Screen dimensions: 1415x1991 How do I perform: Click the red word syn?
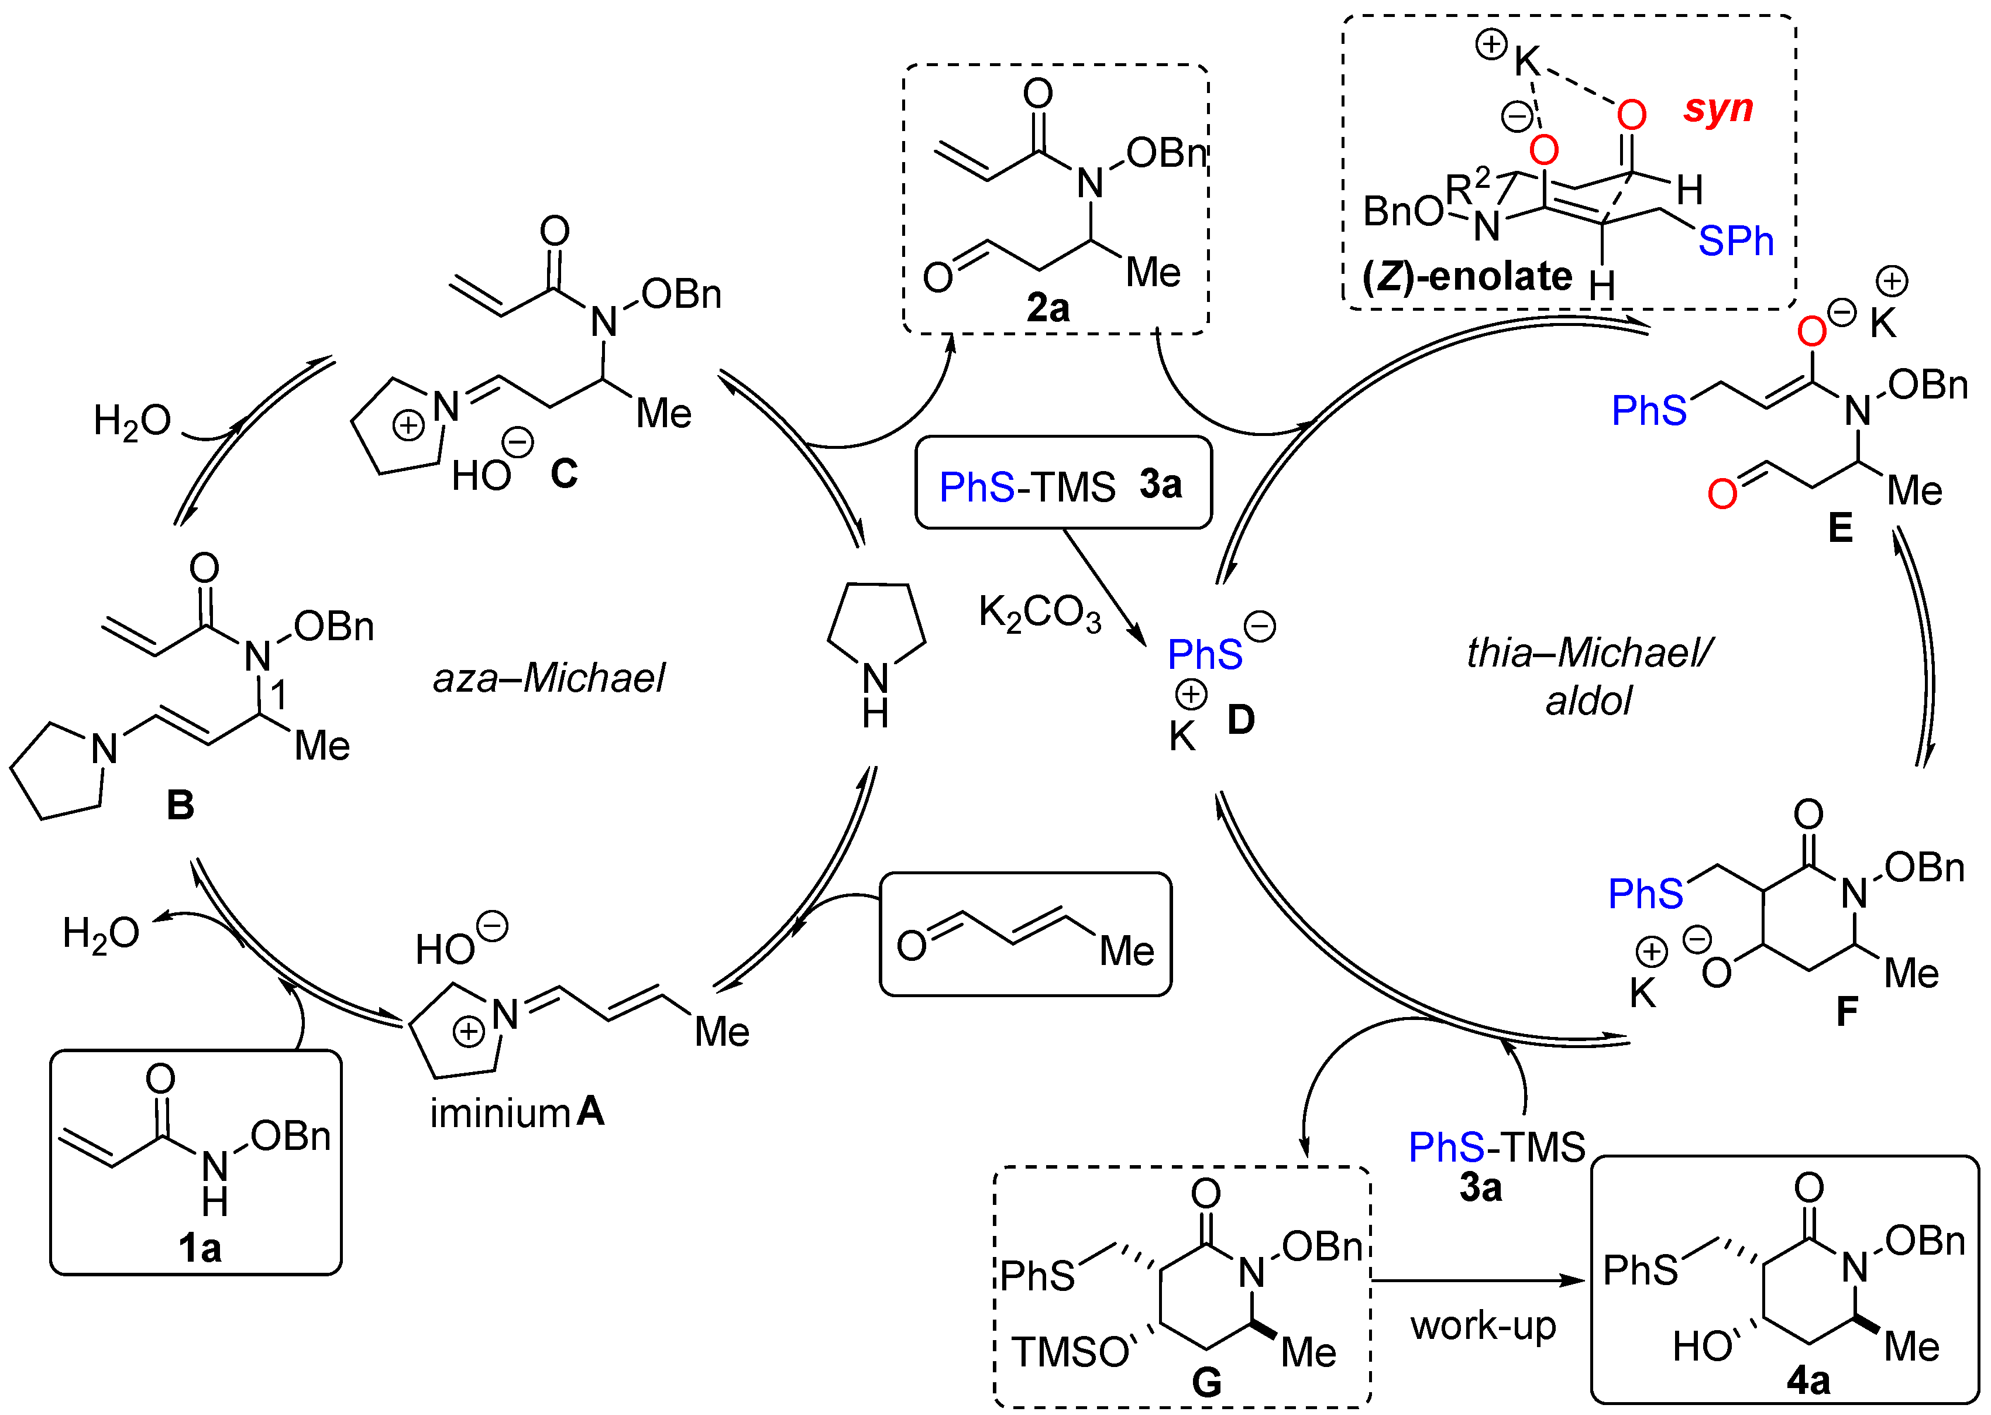tap(1718, 109)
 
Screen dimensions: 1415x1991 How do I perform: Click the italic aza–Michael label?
tap(549, 678)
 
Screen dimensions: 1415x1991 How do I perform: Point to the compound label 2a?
tap(1048, 308)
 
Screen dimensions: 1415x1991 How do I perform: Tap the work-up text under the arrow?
tap(1483, 1326)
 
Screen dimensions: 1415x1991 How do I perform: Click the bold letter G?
tap(1206, 1382)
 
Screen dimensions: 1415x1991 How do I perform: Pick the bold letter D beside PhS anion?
tap(1241, 720)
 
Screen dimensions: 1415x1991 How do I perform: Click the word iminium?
tap(500, 1114)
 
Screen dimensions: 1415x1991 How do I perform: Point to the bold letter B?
tap(180, 805)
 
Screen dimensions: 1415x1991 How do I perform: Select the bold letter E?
tap(1840, 528)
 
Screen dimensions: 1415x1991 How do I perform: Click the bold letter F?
tap(1846, 1012)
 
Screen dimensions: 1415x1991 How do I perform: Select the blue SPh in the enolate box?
tap(1735, 241)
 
